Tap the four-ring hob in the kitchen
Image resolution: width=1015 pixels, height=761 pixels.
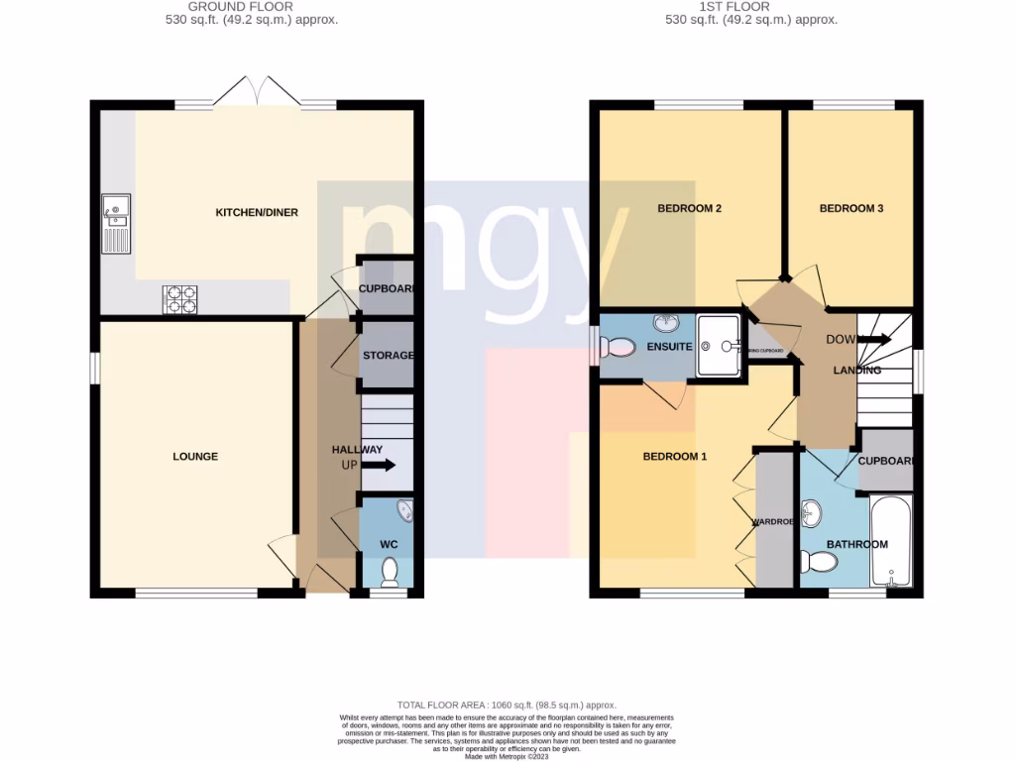[x=179, y=299]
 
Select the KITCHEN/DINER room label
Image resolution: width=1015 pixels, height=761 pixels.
[x=257, y=212]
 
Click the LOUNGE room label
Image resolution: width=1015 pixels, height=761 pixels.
[x=195, y=457]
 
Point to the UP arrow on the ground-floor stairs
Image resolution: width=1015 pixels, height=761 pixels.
[x=379, y=465]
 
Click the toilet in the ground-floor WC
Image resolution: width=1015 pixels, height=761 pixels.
[x=390, y=572]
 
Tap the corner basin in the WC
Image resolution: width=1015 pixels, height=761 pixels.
[x=404, y=511]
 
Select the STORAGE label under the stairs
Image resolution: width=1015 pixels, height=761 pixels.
[x=388, y=356]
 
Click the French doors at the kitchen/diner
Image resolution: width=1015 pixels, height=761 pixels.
[x=257, y=93]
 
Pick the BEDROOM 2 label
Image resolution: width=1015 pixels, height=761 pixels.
[x=689, y=209]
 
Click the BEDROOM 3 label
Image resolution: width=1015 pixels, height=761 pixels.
[x=850, y=209]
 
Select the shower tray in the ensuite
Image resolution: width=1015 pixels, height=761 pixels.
[x=719, y=346]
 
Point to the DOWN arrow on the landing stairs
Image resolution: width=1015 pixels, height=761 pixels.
[x=874, y=340]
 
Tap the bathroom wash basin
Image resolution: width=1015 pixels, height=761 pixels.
[x=813, y=513]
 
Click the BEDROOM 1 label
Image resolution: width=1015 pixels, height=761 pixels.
[x=675, y=457]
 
